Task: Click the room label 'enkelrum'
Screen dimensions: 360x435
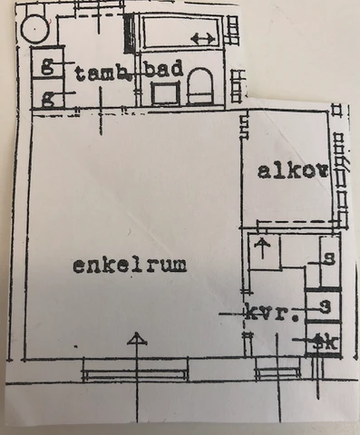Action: coord(130,265)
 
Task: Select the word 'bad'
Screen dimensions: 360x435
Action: coord(170,70)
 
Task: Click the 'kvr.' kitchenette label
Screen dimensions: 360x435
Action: coord(273,314)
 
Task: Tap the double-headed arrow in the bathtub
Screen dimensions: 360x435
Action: coord(203,38)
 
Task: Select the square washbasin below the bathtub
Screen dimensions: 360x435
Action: coord(164,93)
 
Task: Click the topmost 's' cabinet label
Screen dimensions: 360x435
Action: coord(327,256)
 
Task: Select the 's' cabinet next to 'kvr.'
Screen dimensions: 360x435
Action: coord(324,306)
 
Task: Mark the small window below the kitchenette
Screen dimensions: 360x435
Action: coord(277,369)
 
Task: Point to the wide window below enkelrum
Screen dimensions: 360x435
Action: coord(136,370)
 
